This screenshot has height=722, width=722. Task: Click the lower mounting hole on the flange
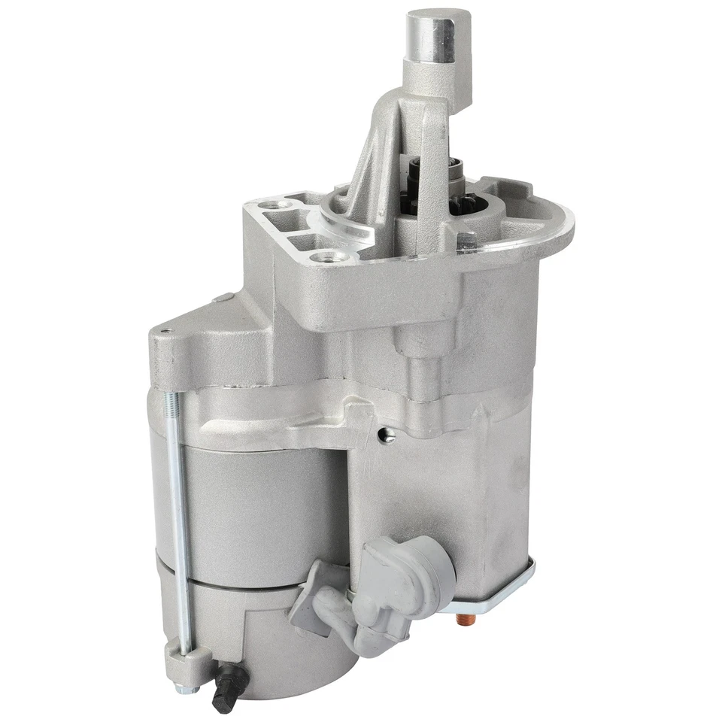pyautogui.click(x=329, y=257)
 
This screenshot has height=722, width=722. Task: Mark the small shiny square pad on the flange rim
pyautogui.click(x=466, y=240)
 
